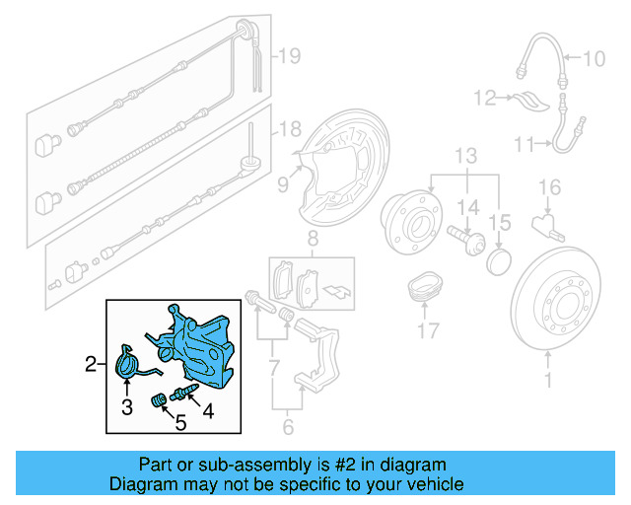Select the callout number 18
click(287, 130)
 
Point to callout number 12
click(483, 98)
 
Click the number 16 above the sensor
click(549, 187)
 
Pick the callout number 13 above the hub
click(464, 156)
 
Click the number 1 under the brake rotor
click(549, 376)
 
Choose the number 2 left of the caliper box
click(90, 365)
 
